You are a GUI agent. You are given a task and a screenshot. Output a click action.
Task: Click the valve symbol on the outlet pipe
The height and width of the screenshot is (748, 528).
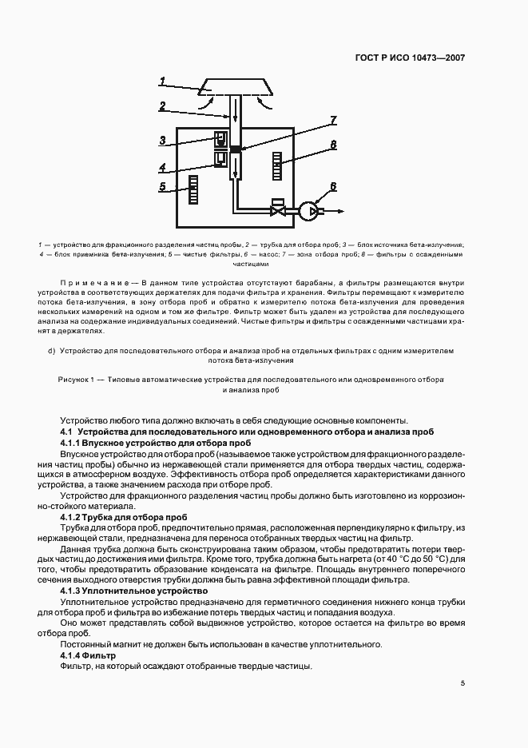(x=279, y=212)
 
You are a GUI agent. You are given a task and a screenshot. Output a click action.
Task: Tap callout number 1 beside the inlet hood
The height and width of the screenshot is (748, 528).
(x=162, y=81)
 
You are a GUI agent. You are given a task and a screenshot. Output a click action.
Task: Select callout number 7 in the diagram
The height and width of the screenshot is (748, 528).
(x=333, y=121)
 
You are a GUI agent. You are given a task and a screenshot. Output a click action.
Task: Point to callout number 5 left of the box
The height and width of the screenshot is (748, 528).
(x=162, y=187)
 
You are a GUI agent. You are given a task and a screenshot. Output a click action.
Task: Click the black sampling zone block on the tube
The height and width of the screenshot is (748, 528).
(x=235, y=149)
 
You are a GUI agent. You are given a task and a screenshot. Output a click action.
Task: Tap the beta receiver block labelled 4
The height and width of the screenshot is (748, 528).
(x=221, y=159)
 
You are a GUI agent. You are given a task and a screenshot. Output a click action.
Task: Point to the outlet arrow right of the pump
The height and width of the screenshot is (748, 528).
(x=336, y=212)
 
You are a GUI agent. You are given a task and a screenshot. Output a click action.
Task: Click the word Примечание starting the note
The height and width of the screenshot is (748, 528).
(x=95, y=284)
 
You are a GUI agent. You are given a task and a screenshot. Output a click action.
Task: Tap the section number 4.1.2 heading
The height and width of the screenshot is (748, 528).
(x=74, y=518)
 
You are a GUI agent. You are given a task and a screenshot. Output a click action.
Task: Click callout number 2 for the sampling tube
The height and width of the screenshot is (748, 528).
(x=162, y=105)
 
